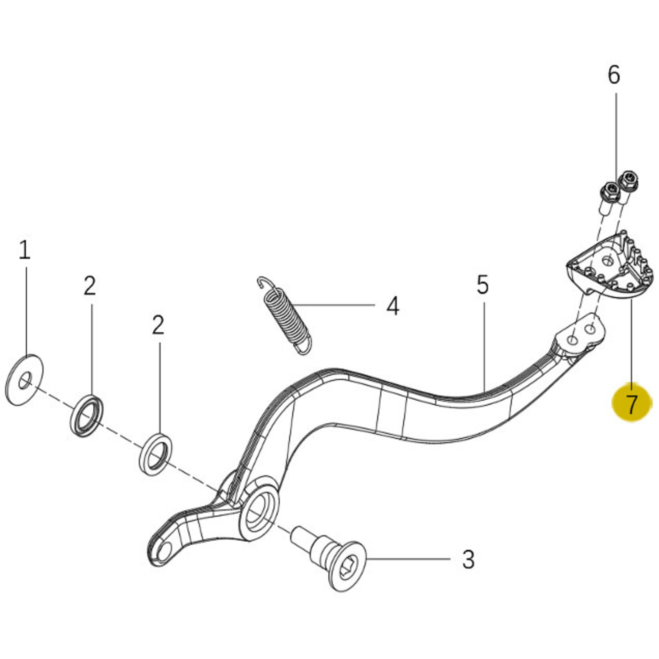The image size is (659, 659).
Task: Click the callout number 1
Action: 24,250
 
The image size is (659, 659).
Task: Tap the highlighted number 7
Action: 631,403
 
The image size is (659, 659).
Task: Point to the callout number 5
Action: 483,284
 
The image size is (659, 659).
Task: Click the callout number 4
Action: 393,306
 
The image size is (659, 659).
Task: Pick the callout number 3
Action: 468,559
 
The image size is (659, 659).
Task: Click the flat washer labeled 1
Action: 24,380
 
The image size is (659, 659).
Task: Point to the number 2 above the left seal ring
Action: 90,286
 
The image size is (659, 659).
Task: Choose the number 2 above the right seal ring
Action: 158,325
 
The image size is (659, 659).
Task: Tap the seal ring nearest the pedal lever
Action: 156,454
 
